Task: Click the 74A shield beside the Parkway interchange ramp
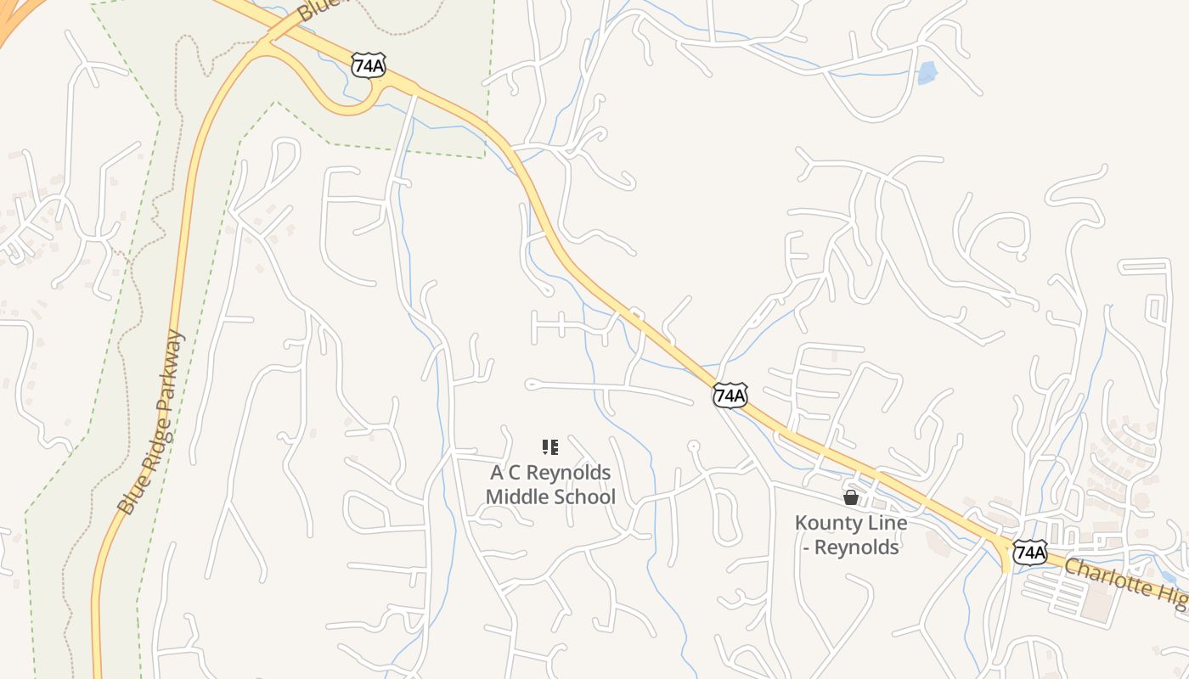tap(368, 65)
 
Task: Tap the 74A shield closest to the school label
tap(730, 395)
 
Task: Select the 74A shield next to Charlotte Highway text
tap(1029, 553)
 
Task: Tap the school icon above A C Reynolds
tap(549, 446)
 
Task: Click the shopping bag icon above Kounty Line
tap(850, 497)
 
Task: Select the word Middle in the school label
tap(516, 497)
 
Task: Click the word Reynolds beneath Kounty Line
tap(856, 547)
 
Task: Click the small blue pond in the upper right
tap(927, 73)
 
